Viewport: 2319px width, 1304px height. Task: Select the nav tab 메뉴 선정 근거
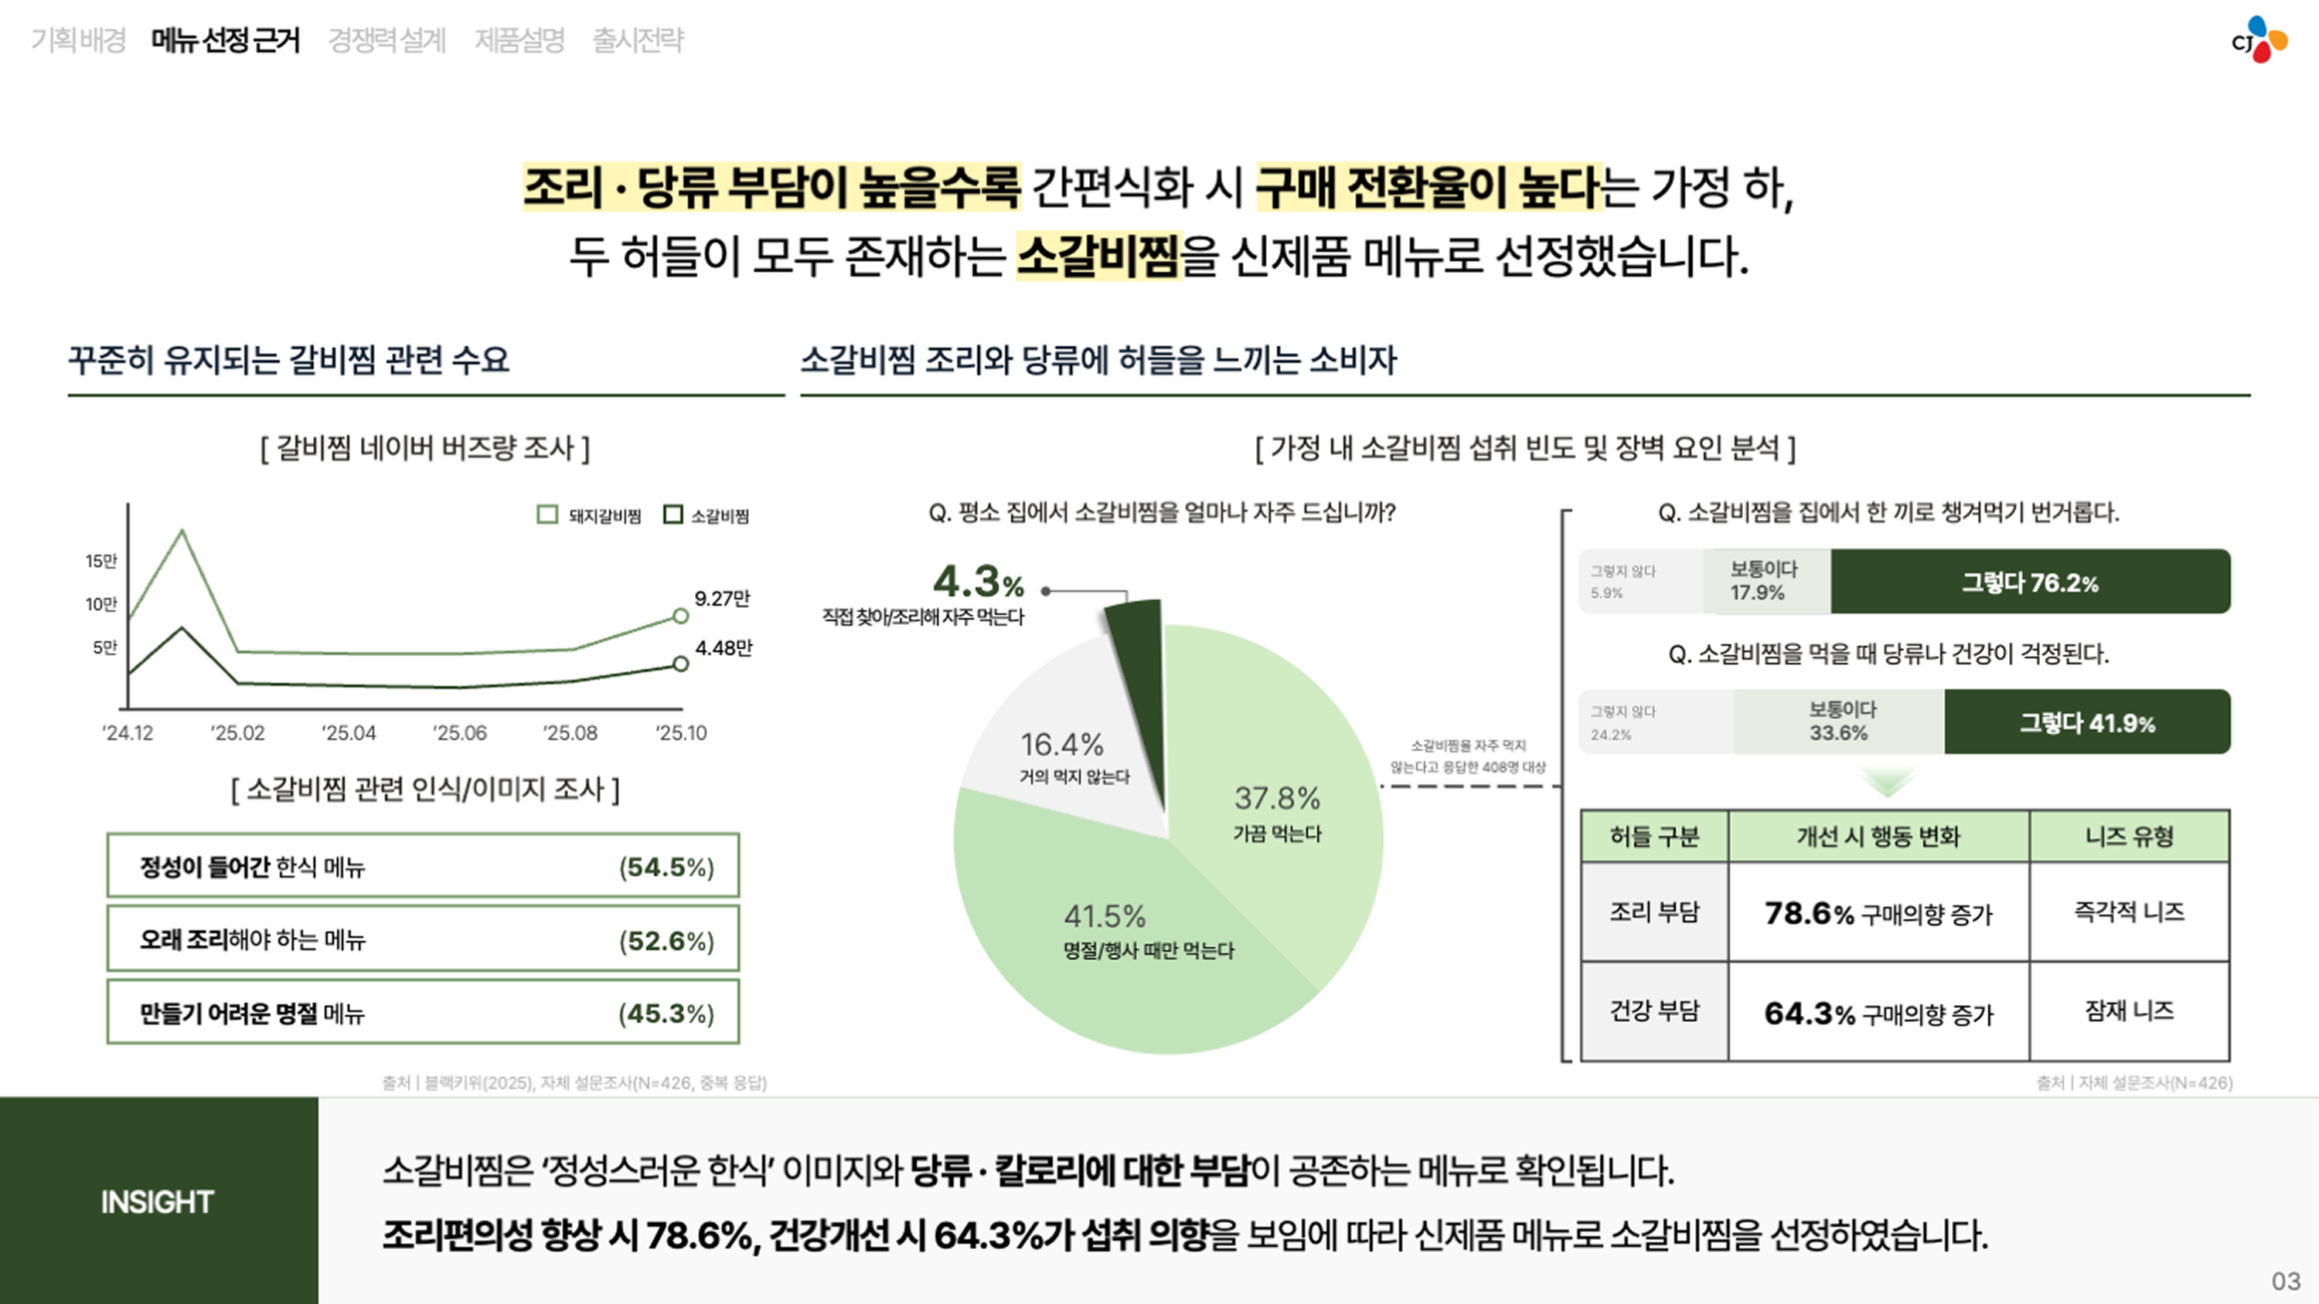225,39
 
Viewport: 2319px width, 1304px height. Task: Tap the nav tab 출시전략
638,39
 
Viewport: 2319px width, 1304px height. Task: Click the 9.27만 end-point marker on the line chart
680,616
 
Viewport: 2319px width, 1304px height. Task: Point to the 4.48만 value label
723,648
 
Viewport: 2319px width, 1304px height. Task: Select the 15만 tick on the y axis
100,562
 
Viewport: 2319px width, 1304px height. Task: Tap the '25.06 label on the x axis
459,733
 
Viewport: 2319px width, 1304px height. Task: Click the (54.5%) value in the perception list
666,868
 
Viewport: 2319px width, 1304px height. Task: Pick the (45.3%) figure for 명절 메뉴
666,1014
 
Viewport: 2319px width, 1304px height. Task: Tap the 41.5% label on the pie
1105,917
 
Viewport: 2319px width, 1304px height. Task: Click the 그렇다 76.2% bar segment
2030,582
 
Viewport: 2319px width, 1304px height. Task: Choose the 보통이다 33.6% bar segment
1839,722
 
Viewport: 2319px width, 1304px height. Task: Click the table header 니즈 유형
2129,837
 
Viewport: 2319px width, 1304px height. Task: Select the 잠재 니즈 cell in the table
2129,1011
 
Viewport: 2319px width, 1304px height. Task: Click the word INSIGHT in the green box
158,1202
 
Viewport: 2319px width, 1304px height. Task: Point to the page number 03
2286,1281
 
